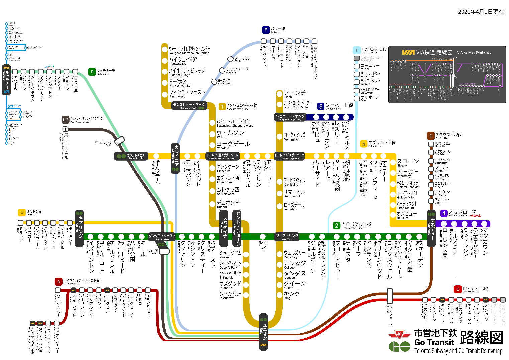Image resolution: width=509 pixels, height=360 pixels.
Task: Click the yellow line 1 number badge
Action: click(x=222, y=106)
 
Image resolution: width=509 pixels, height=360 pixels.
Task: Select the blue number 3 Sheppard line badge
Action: click(x=321, y=106)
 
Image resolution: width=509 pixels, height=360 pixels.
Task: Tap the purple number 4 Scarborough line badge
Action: click(x=443, y=213)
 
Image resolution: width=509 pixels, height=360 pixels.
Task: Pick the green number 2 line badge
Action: click(x=336, y=226)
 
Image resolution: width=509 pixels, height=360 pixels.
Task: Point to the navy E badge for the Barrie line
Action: click(x=266, y=30)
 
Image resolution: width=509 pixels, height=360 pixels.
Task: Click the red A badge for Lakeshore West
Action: click(x=59, y=282)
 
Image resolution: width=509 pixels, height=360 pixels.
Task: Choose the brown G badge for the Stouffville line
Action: click(x=431, y=136)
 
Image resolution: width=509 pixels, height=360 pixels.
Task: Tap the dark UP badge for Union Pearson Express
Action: click(x=65, y=120)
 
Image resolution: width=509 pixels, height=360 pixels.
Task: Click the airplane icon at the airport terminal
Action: click(x=65, y=129)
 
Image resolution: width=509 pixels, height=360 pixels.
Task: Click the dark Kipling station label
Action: click(x=79, y=228)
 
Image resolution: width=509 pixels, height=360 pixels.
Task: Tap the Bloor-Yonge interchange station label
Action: click(x=287, y=237)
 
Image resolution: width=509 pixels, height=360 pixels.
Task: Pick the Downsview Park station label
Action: click(x=189, y=106)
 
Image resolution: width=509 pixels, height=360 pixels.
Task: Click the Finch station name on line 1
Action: click(x=294, y=93)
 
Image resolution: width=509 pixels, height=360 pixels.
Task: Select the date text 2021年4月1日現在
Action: click(x=481, y=12)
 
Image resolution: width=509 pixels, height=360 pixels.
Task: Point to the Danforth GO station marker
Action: click(x=390, y=296)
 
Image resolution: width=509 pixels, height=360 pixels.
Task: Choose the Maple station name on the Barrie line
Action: click(x=242, y=58)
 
